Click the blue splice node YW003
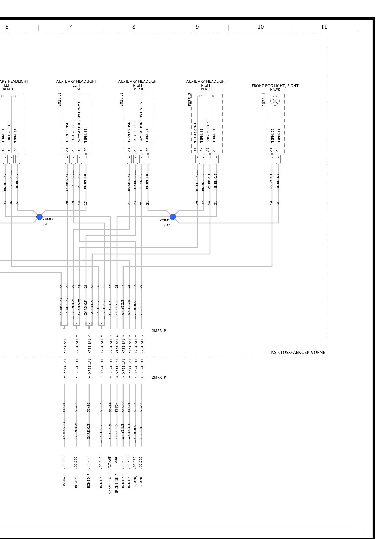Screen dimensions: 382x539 click(39, 217)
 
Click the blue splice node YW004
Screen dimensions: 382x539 click(173, 217)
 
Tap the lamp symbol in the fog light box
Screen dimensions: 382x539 click(275, 101)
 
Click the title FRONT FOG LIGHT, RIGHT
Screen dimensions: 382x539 click(275, 86)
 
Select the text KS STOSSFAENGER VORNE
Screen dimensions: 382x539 click(298, 352)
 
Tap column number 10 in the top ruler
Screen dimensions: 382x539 click(260, 27)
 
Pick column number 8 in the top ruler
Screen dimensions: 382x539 click(134, 27)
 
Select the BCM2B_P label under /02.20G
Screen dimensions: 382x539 click(141, 480)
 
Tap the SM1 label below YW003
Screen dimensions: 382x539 click(46, 224)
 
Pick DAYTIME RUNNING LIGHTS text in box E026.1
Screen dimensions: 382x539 click(141, 122)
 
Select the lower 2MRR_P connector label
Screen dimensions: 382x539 click(159, 377)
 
